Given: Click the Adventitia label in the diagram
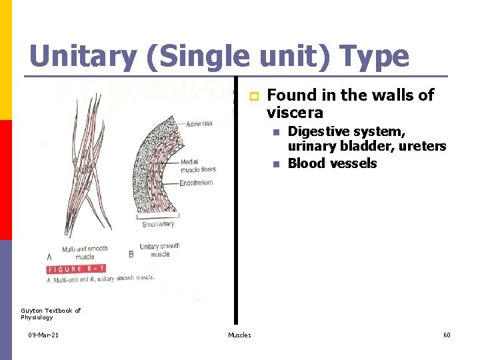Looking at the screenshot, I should coord(199,124).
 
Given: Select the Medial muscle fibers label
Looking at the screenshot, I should coord(199,165).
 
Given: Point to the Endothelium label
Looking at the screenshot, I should coord(196,183).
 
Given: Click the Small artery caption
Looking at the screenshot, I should coord(158,225).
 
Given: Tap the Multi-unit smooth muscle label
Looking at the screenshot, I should coord(85,253).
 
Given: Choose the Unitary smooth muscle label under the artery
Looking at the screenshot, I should coord(159,250).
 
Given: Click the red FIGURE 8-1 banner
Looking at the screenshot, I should coord(76,269).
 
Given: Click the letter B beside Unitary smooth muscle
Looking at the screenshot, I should coord(131,254).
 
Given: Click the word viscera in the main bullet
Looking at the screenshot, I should coord(295,112).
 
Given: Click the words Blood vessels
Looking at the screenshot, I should coord(332,163).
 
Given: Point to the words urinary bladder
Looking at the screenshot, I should coord(328,146).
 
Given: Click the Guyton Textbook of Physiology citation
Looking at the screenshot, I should coord(51,313).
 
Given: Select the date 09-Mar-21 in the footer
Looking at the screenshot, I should coord(43,335).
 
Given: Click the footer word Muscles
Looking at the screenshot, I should coord(239,335).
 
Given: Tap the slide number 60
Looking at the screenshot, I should coord(447,335).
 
